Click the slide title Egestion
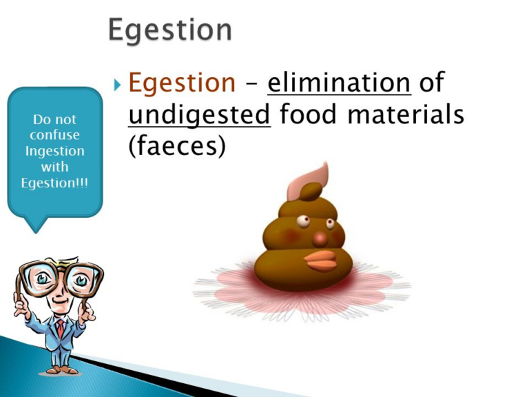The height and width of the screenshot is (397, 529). click(171, 30)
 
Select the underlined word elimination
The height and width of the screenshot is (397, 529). click(339, 83)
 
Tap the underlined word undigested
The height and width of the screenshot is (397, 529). click(199, 114)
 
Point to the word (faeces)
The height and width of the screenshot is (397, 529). click(177, 145)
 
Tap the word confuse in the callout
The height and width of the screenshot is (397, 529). click(54, 135)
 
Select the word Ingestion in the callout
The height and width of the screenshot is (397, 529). click(54, 151)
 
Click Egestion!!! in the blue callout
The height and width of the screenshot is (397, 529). click(54, 183)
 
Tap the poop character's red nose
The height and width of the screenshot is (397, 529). click(320, 238)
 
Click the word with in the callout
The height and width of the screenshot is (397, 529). click(54, 167)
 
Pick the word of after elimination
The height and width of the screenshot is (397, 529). click(431, 83)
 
